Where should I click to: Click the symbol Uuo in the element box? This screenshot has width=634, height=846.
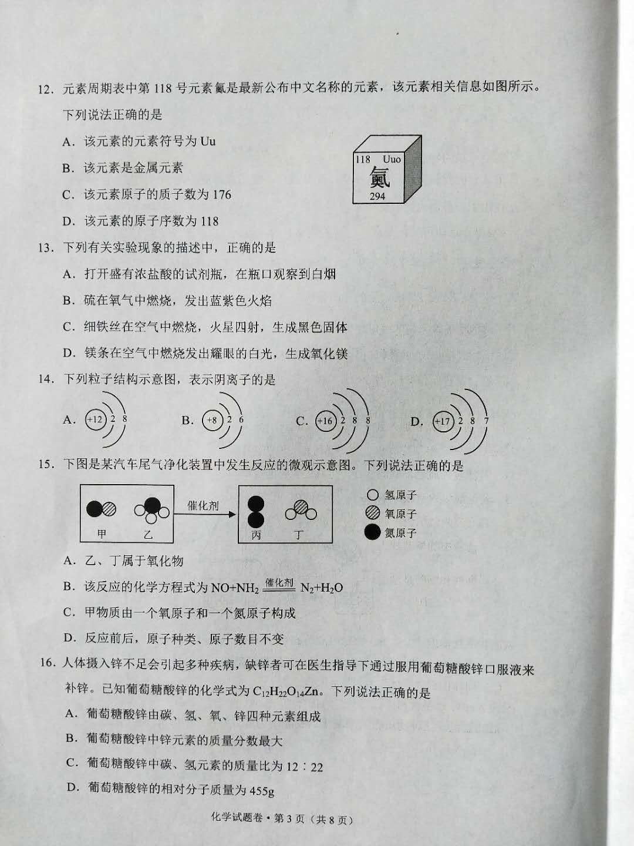pos(392,159)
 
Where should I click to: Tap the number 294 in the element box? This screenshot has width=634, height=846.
pos(377,196)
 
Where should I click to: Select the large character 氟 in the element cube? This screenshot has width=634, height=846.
pos(379,177)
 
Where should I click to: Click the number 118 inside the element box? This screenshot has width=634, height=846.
pos(363,159)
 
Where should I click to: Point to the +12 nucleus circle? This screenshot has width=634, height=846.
pos(95,419)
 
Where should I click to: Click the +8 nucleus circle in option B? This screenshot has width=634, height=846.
pos(212,419)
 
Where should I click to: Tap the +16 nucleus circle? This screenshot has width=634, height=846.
pos(325,421)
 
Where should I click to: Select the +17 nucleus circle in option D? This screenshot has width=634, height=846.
pos(443,421)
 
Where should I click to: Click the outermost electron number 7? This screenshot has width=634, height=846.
pos(486,421)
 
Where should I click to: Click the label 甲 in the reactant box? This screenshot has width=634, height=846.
pos(102,534)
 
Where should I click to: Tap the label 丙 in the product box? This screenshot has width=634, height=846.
pos(256,535)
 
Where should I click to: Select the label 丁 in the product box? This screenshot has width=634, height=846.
pos(299,535)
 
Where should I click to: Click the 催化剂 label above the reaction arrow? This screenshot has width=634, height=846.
pos(203,505)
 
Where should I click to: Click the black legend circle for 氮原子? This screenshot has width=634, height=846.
pos(372,532)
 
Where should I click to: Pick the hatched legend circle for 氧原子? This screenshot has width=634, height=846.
pos(372,513)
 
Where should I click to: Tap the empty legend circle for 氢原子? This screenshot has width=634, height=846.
pos(373,495)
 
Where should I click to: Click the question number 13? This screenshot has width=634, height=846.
pos(45,248)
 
